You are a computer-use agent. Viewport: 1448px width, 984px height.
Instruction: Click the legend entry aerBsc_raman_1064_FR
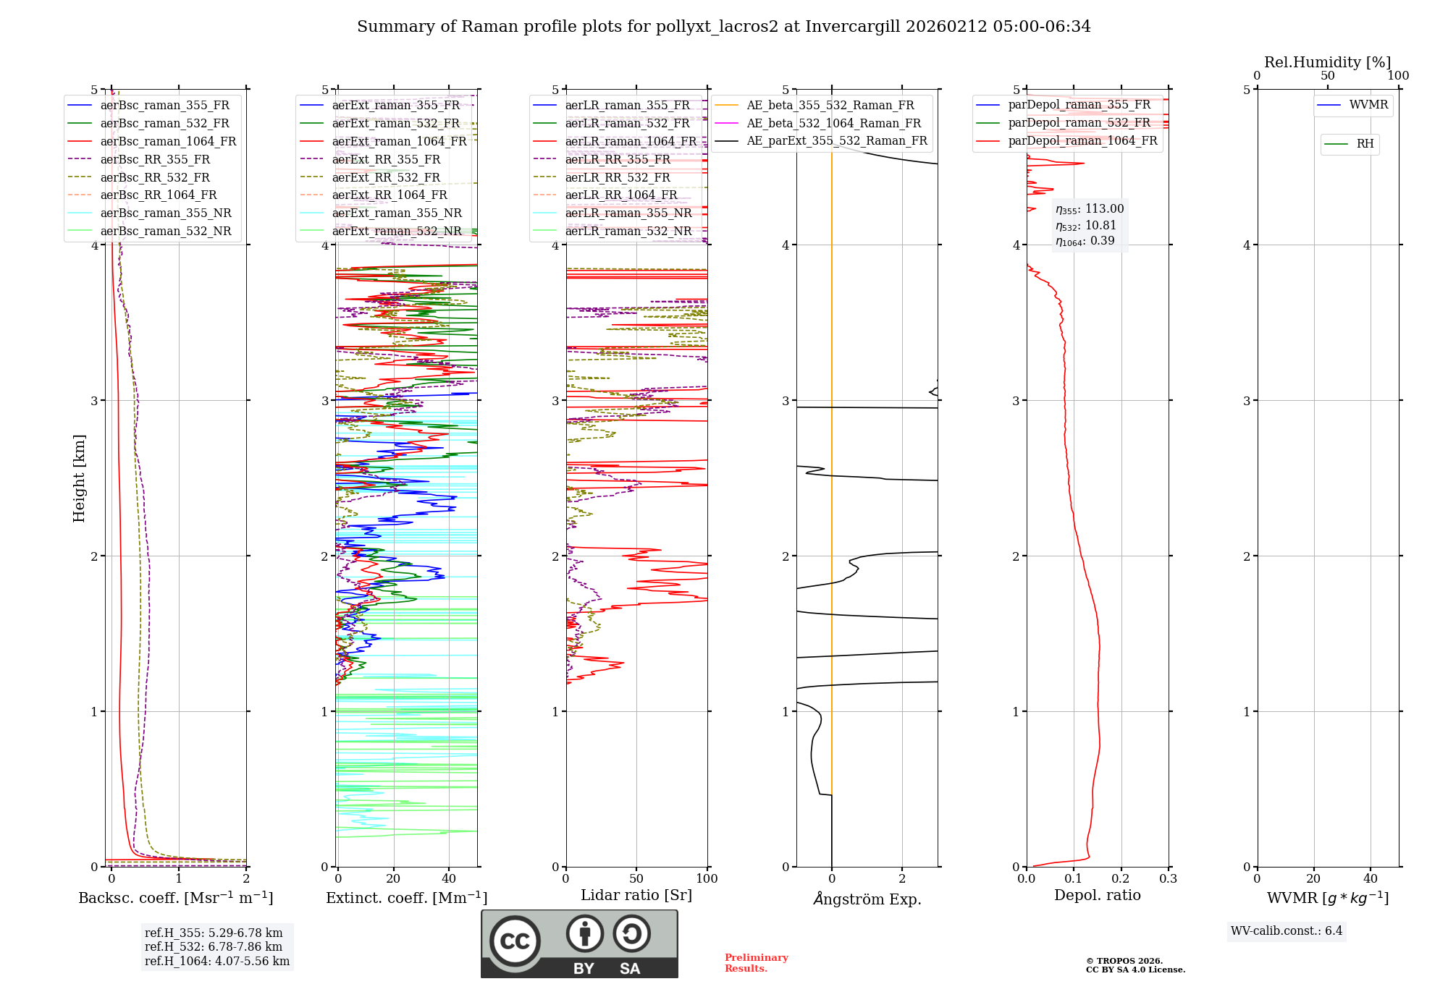168,141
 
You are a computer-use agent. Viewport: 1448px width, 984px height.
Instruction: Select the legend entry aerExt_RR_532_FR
386,177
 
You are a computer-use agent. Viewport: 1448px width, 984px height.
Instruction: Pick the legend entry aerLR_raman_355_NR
628,213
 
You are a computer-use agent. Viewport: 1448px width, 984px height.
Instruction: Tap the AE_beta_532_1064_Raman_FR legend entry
833,123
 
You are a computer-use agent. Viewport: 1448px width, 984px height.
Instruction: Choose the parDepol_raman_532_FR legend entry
1079,122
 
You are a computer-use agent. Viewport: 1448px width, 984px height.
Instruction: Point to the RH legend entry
1365,144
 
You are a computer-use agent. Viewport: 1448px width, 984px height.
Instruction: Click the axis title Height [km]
79,478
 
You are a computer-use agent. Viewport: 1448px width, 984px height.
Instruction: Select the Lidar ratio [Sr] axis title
636,895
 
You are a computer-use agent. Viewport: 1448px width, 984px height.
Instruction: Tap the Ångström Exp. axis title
867,899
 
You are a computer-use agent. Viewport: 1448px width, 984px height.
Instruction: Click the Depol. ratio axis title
1097,895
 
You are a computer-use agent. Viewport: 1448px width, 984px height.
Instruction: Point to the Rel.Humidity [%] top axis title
1327,62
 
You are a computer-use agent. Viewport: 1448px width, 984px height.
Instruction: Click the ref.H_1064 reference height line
216,961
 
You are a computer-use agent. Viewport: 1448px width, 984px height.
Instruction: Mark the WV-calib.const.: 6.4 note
1286,930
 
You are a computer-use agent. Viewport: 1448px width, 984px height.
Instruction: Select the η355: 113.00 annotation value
1090,209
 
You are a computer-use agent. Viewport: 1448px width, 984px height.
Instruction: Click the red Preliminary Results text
756,963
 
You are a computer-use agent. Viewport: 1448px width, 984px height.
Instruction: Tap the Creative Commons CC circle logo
515,941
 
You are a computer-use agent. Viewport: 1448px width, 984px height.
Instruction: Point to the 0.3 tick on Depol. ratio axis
1168,878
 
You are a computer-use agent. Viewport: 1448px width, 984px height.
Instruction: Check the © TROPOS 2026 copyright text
1124,961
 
